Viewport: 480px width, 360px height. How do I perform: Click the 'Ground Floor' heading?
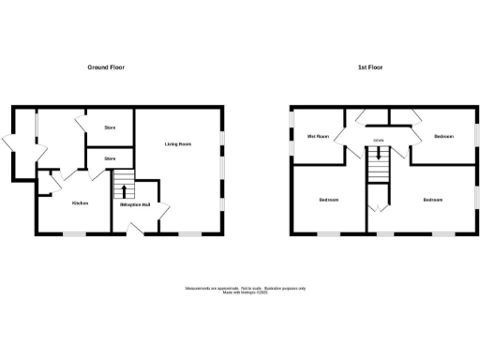(106, 67)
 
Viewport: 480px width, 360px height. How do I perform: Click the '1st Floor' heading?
(370, 67)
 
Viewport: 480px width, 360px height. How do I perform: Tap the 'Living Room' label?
(178, 143)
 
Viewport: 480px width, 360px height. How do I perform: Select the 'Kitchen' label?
(79, 202)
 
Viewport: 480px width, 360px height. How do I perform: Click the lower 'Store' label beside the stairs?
(110, 158)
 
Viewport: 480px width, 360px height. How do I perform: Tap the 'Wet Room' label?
(318, 137)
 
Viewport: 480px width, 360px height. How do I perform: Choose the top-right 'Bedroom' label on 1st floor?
(443, 137)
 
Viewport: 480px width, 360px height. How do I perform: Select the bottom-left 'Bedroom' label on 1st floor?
(328, 201)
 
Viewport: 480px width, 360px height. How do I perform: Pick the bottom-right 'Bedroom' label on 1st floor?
(431, 201)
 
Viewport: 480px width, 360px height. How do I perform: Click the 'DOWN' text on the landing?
(379, 142)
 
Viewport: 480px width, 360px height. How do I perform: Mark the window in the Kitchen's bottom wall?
(76, 232)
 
